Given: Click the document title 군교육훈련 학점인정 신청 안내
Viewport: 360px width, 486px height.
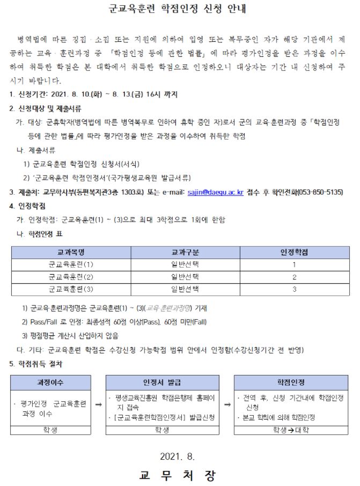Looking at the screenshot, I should pyautogui.click(x=180, y=10).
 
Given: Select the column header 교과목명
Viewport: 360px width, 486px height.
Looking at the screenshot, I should pyautogui.click(x=71, y=252).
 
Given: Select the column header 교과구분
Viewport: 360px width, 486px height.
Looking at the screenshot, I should pyautogui.click(x=185, y=252).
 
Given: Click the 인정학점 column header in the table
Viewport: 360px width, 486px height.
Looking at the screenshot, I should pyautogui.click(x=294, y=252).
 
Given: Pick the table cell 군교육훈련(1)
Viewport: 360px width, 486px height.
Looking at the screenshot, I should pyautogui.click(x=71, y=264).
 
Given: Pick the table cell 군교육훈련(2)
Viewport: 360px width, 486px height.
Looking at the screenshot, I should pyautogui.click(x=71, y=277).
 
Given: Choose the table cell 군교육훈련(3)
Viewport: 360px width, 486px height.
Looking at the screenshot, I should pyautogui.click(x=71, y=289).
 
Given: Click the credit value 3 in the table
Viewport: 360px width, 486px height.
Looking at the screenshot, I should pyautogui.click(x=294, y=289).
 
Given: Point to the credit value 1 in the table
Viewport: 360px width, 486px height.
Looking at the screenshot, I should pyautogui.click(x=294, y=264).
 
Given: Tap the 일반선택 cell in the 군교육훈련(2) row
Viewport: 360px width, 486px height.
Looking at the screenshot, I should pyautogui.click(x=185, y=277).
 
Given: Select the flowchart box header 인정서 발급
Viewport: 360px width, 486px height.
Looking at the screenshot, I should pyautogui.click(x=162, y=382).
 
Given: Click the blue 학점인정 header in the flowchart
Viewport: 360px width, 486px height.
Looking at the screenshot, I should pyautogui.click(x=291, y=382).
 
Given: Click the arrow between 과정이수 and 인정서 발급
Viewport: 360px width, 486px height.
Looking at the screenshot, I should pyautogui.click(x=98, y=407).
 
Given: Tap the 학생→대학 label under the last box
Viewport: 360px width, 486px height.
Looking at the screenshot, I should pyautogui.click(x=291, y=430).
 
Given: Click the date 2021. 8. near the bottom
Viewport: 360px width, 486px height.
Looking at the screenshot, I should pyautogui.click(x=178, y=456).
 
